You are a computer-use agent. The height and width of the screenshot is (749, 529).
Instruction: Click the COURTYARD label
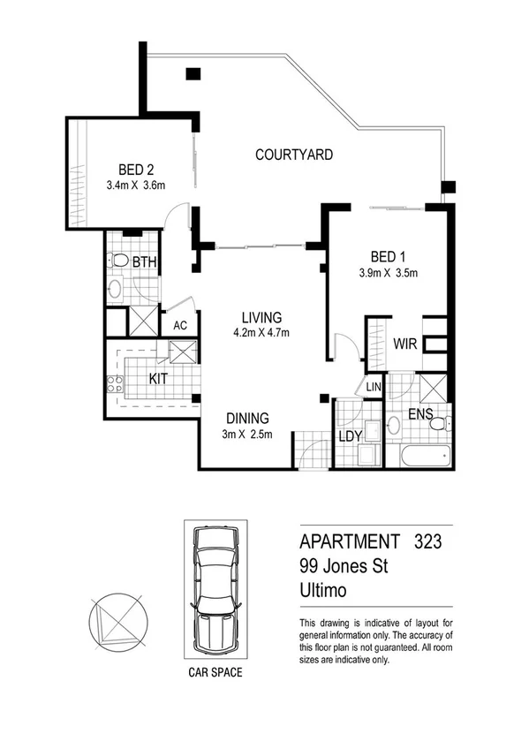pos(294,155)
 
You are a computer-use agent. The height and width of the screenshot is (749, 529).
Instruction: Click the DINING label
pos(246,419)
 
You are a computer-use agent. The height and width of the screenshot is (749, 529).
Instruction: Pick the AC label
pos(180,325)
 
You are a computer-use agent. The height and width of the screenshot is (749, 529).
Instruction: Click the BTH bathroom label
pos(144,261)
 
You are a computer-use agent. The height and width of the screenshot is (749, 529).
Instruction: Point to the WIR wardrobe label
pos(405,343)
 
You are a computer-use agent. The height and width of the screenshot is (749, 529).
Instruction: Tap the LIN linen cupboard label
pos(374,385)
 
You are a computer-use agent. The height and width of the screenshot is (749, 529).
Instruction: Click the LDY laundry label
pos(351,436)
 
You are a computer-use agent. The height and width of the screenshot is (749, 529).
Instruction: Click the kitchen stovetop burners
pos(114,384)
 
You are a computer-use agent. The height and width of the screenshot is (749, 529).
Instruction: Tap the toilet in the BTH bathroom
pos(118,261)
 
